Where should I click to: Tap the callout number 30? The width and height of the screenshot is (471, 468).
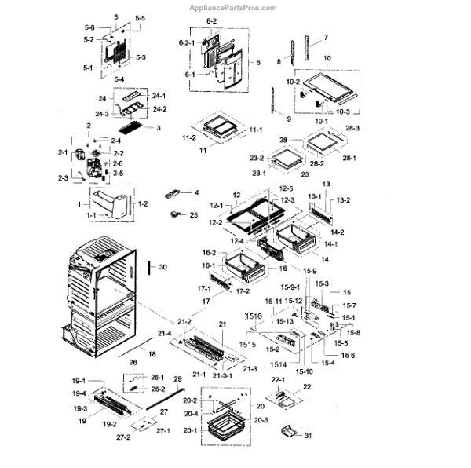162,267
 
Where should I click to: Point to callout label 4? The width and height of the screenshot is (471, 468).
196,192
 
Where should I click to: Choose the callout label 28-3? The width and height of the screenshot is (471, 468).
352,128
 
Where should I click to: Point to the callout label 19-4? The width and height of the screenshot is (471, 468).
80,393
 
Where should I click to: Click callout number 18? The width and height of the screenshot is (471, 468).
152,355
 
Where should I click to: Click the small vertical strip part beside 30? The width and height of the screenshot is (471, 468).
145,268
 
